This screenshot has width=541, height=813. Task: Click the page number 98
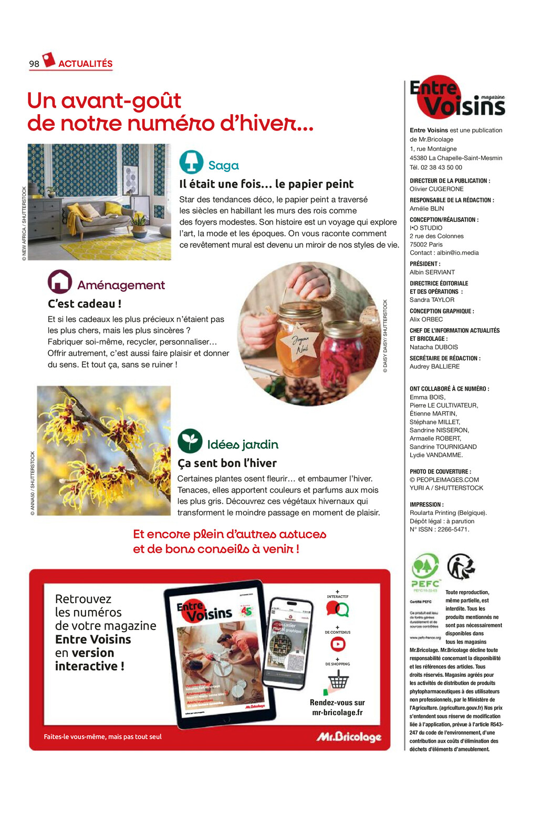(x=34, y=64)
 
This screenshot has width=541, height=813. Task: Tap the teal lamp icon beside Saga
(x=191, y=162)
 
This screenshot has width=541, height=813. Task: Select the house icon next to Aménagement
(x=60, y=282)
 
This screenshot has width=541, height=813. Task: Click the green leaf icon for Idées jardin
(x=190, y=441)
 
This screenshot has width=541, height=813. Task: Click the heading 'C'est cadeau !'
(x=85, y=304)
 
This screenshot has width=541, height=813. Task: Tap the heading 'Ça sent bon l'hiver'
(x=227, y=463)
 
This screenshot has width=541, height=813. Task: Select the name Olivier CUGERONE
(x=436, y=189)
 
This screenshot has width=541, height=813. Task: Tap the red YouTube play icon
(x=338, y=644)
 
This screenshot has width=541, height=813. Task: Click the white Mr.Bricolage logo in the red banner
(x=349, y=737)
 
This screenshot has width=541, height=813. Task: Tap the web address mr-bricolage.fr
(x=337, y=713)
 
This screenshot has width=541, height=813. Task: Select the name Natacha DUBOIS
(x=434, y=348)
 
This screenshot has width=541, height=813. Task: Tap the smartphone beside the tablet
(x=287, y=643)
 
